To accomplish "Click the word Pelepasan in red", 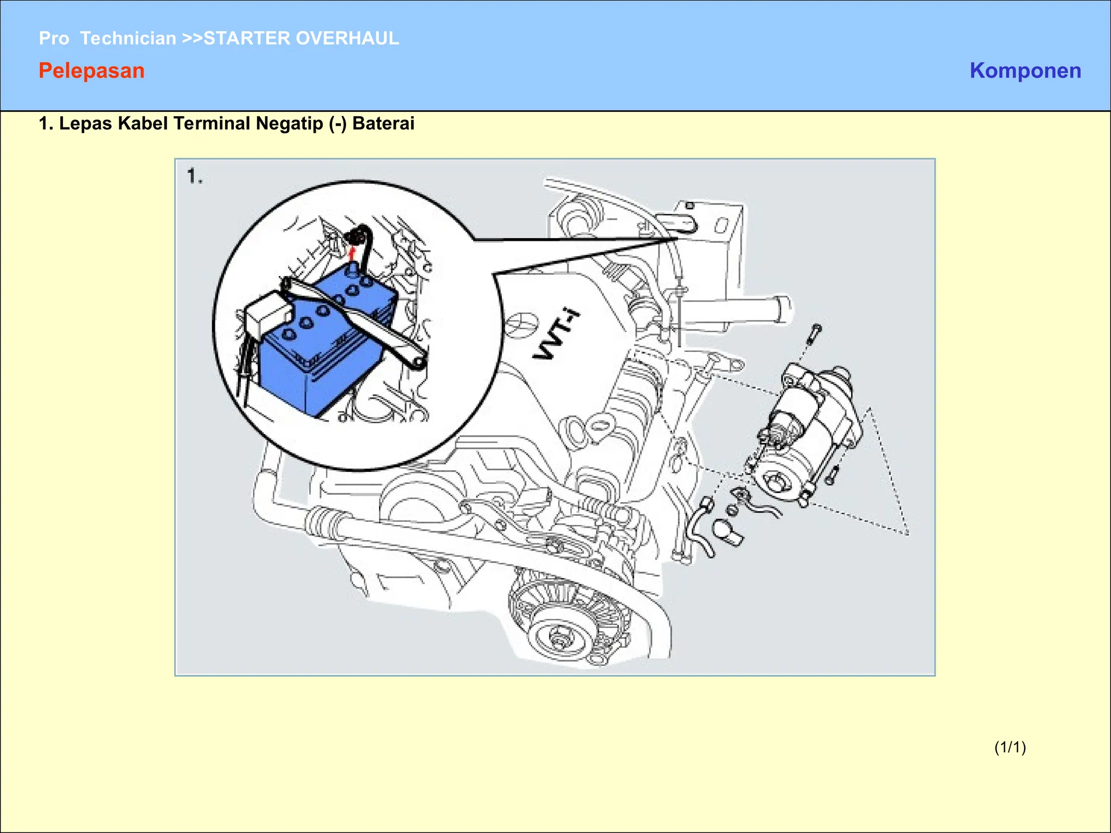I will click(92, 71).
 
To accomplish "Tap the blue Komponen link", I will click(1025, 71).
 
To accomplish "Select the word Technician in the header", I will click(128, 39).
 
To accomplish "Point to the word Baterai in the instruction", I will click(383, 124).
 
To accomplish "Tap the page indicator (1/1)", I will click(1010, 747).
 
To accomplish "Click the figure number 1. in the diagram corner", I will click(195, 176).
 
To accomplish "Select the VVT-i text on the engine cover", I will click(556, 335).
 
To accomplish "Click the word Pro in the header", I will click(54, 39).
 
